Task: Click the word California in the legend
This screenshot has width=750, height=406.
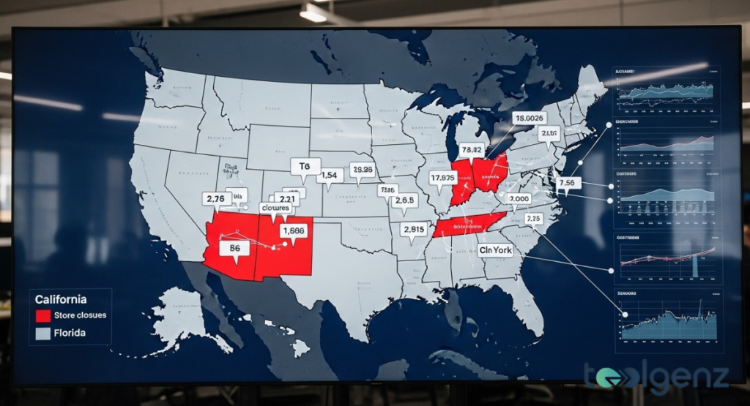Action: coord(61,299)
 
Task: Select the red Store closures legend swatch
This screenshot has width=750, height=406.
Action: coord(43,316)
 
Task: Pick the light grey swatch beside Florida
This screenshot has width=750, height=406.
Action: coord(43,334)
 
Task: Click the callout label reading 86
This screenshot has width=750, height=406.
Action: coord(234,248)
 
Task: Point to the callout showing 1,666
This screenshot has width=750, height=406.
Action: coord(292,230)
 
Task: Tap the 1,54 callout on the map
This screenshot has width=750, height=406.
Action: coord(330,176)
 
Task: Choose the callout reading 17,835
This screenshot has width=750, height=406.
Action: coord(443,177)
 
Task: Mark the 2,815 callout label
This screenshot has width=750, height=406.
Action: coord(413,229)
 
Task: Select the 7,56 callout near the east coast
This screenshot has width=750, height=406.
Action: coord(568,182)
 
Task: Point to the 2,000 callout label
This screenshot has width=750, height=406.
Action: coord(519,199)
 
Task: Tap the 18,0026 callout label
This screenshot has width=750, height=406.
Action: coord(529,118)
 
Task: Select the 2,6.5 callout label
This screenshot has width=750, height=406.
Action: coord(404,200)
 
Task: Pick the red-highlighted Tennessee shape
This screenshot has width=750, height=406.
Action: coord(469,224)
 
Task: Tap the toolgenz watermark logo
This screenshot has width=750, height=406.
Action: coord(656,376)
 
